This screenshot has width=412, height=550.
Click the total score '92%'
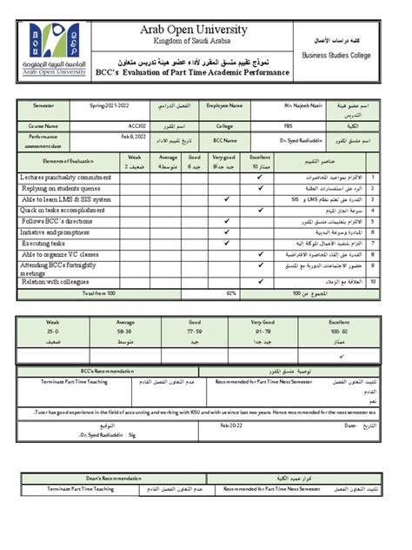tap(230, 294)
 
